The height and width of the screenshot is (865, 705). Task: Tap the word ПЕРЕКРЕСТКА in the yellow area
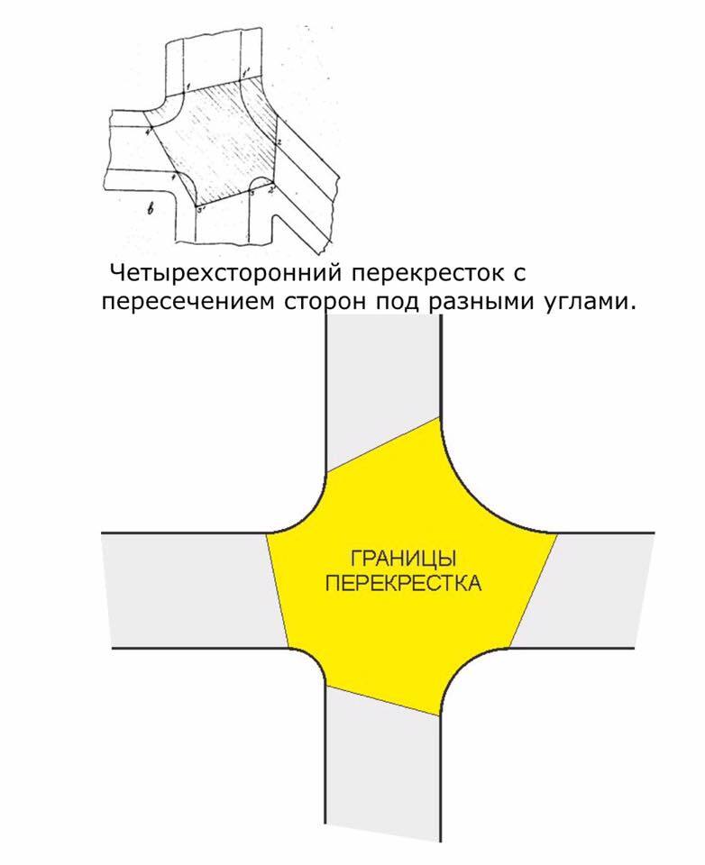(x=402, y=583)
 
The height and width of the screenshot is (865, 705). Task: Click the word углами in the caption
(x=590, y=301)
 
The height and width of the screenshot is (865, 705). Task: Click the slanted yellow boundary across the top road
(x=382, y=444)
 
